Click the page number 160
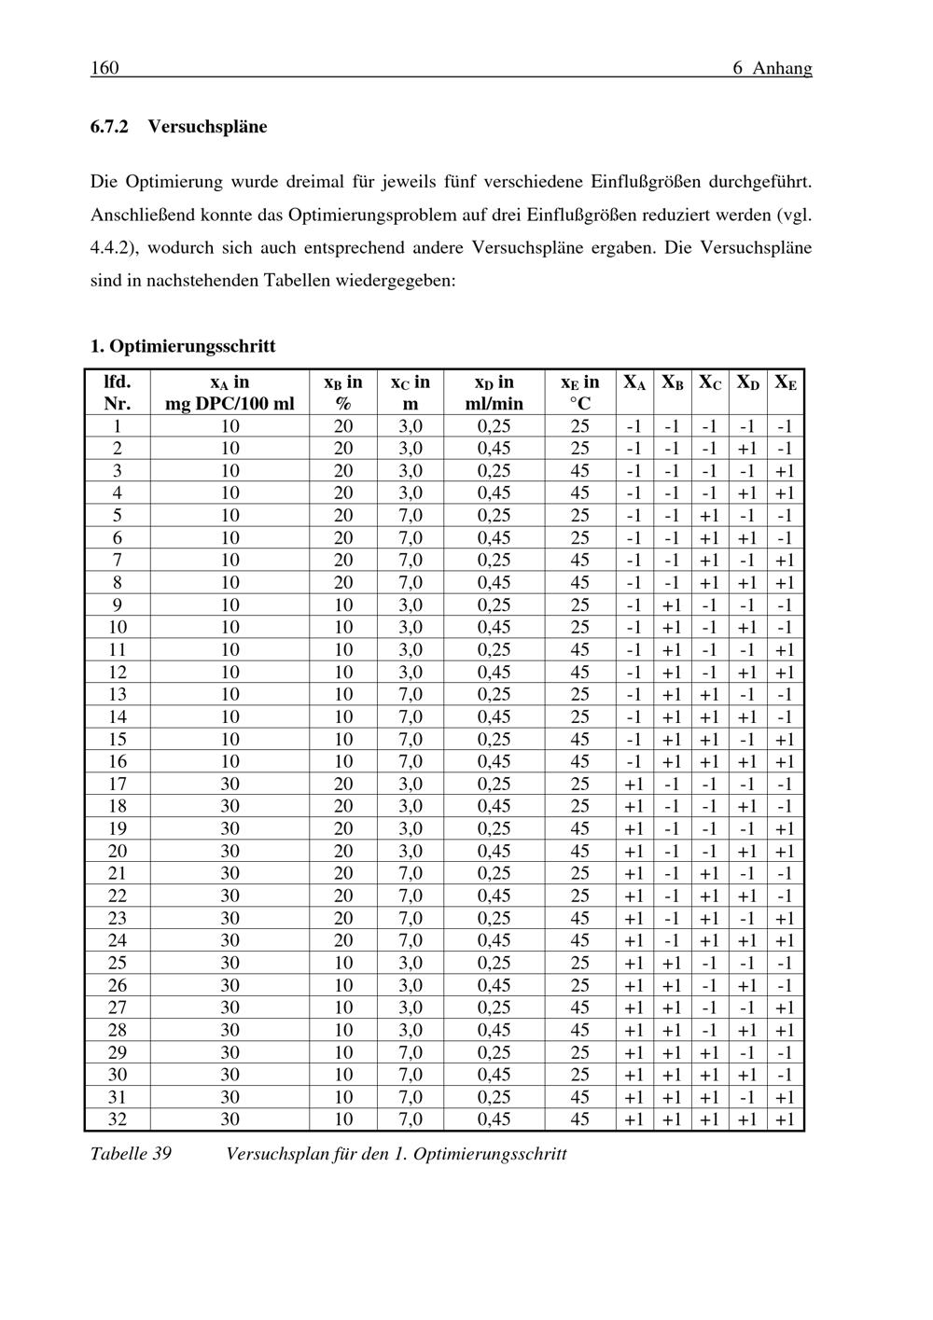click(x=104, y=68)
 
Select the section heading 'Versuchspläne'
click(x=207, y=127)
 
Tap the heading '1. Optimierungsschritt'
click(x=183, y=346)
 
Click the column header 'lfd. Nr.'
click(x=117, y=393)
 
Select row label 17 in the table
click(x=117, y=784)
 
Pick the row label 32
click(x=117, y=1119)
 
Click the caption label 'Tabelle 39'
click(x=131, y=1154)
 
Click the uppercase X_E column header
click(x=786, y=382)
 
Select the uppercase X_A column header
click(x=634, y=382)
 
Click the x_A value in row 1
click(x=230, y=425)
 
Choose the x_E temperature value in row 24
click(x=579, y=940)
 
